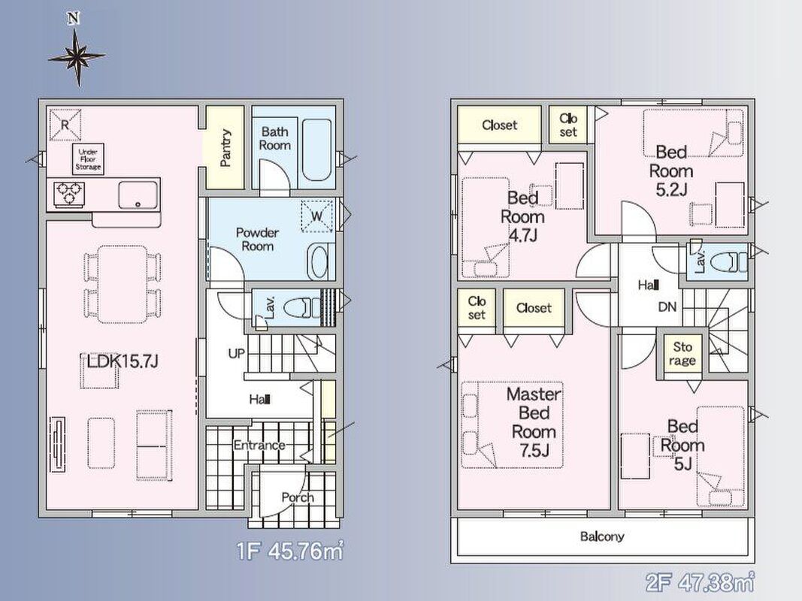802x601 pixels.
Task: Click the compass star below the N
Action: point(77,57)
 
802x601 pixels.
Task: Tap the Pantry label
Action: point(225,148)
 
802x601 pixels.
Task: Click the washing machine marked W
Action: point(316,216)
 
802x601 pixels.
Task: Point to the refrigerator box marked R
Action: point(65,124)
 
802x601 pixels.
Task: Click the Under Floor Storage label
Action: point(88,159)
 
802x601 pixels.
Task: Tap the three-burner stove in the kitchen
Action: point(70,194)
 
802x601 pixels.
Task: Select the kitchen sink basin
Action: point(138,195)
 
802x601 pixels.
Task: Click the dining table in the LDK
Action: point(123,284)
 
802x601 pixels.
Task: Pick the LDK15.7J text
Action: point(123,361)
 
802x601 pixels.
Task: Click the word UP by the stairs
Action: point(236,353)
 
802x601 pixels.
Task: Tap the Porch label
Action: point(298,497)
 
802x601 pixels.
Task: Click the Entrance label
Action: point(259,445)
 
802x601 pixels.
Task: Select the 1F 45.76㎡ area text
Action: point(290,551)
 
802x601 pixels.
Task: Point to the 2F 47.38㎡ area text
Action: point(700,582)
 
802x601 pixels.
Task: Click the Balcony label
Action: point(602,536)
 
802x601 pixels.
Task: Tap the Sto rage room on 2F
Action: point(682,354)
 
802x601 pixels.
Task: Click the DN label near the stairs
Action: point(667,307)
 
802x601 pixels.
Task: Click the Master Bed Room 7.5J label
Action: point(534,422)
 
